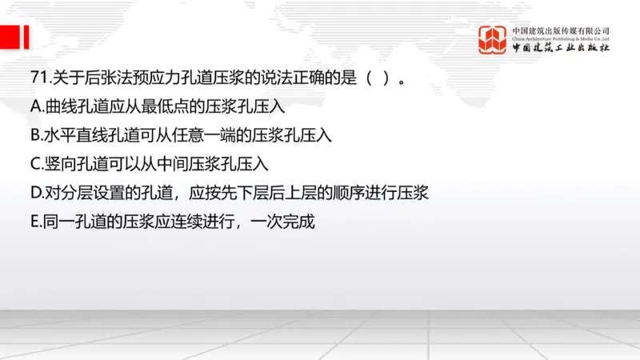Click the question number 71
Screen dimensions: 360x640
click(x=37, y=79)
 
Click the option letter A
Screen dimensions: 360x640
click(x=35, y=106)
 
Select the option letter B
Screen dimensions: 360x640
click(x=34, y=134)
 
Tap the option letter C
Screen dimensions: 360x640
click(x=35, y=163)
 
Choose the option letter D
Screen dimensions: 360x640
click(x=36, y=192)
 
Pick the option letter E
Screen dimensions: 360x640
click(x=34, y=221)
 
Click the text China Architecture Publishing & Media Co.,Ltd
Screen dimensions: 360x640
click(x=561, y=38)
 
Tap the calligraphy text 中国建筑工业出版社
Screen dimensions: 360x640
click(x=561, y=48)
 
